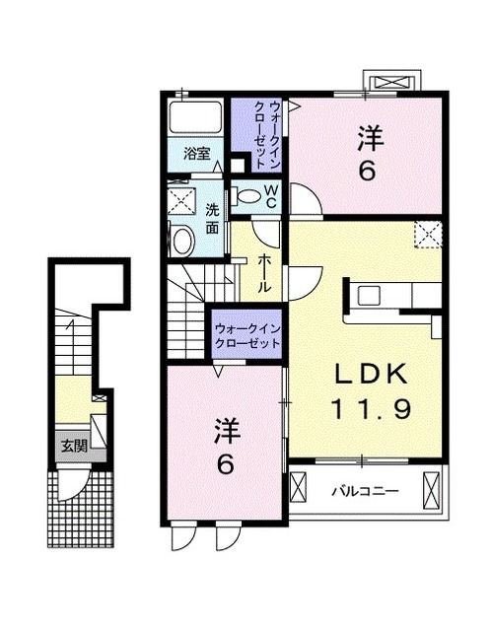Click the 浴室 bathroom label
coord(196,153)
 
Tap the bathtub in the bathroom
coord(196,118)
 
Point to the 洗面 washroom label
coord(212,218)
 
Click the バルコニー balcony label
coord(358,490)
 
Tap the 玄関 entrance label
coord(74,446)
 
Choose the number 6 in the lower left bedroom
coord(225,464)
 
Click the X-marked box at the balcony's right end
coord(430,489)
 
